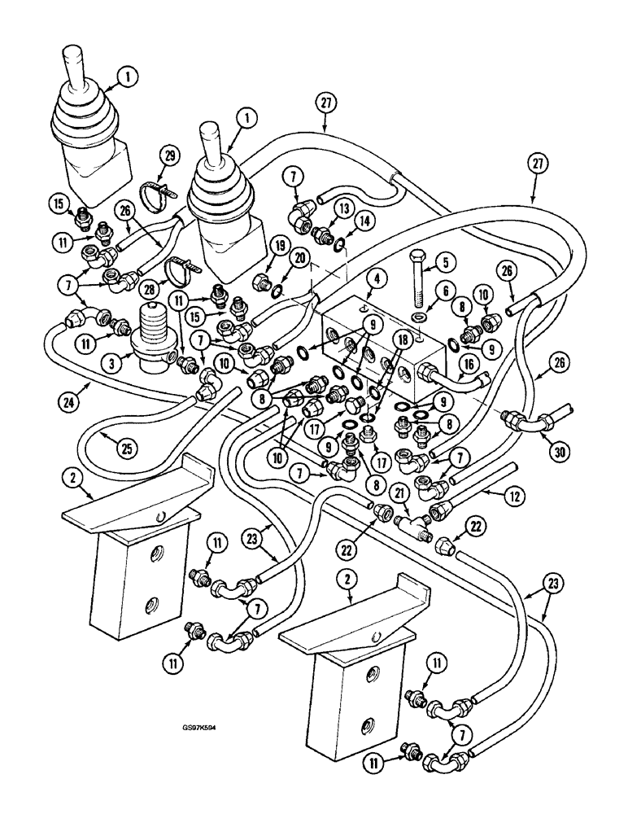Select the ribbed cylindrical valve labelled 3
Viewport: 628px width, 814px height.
click(x=155, y=340)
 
